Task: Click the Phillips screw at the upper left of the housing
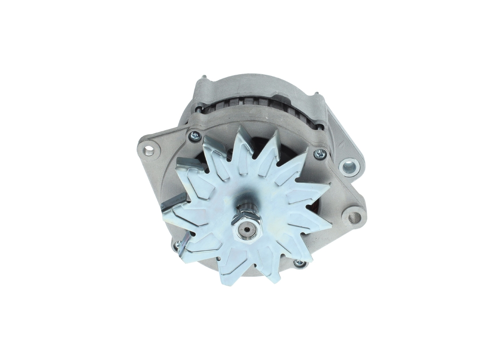195,136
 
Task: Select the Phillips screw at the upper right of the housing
320,154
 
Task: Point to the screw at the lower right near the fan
300,263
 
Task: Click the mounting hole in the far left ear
148,150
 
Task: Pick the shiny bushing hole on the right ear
349,167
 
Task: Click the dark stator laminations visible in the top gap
252,103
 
